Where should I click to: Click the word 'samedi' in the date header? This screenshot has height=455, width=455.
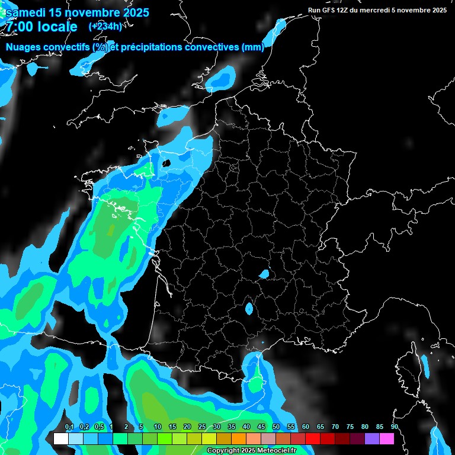tap(26, 12)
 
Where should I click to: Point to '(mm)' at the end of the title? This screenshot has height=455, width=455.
tap(253, 47)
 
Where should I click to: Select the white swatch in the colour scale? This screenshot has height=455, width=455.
tap(60, 438)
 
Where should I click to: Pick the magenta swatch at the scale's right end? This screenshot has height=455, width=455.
tap(387, 438)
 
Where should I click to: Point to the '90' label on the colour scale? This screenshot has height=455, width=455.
tap(395, 427)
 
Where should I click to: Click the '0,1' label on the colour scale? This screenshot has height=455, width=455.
tap(69, 427)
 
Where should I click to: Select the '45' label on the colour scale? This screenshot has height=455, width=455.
tap(261, 427)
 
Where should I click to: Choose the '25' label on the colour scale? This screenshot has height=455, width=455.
tap(202, 427)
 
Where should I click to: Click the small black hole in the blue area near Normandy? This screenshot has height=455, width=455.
tap(166, 162)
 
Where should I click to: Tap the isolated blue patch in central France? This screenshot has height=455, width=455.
tap(264, 274)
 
